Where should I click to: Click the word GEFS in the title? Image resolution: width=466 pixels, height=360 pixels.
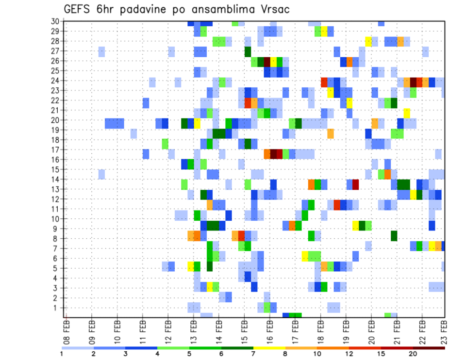(x=79, y=9)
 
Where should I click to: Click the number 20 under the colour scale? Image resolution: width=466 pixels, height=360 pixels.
(x=413, y=354)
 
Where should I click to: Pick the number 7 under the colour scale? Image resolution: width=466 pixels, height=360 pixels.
(x=253, y=354)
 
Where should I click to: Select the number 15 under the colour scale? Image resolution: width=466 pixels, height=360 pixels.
(x=381, y=354)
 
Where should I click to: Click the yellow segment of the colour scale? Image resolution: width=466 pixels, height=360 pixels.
(x=269, y=348)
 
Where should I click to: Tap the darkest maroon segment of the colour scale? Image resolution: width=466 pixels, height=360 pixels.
(x=429, y=348)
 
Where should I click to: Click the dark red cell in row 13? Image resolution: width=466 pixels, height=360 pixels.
(x=355, y=184)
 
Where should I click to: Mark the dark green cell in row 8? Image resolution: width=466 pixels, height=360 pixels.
(x=394, y=236)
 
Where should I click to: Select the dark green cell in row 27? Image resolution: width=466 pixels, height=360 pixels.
(x=248, y=51)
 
